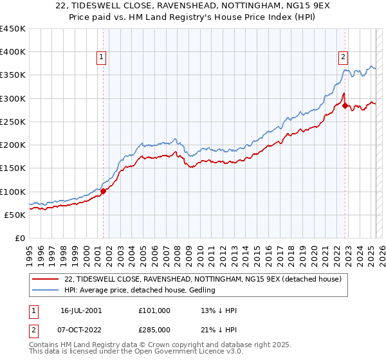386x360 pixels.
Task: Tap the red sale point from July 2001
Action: coord(104,191)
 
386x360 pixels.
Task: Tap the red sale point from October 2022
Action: coord(345,105)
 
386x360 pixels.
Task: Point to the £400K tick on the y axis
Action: coord(13,52)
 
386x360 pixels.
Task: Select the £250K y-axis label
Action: coord(13,122)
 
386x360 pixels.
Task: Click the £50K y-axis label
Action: coord(15,215)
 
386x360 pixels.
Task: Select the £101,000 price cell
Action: coord(154,310)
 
